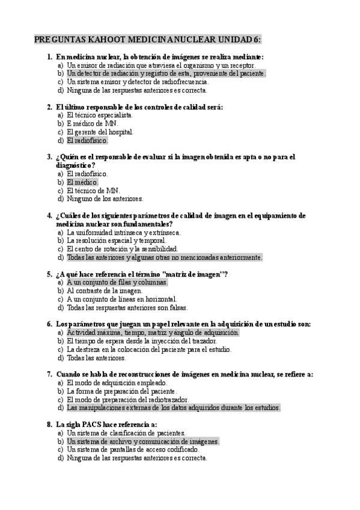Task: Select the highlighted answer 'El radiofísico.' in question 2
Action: pos(87,141)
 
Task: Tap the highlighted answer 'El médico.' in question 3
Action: pos(82,182)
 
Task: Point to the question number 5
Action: pos(49,274)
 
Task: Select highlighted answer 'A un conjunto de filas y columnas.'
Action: pos(117,282)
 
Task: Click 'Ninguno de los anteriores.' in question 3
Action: pos(105,198)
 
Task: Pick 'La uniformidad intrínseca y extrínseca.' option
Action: pos(124,232)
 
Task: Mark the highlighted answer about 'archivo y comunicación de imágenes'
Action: pos(143,441)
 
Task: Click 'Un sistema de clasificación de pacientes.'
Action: pos(126,432)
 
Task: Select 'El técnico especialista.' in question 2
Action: pos(100,115)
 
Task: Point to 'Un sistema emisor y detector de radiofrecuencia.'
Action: pos(138,82)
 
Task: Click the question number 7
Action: pos(49,374)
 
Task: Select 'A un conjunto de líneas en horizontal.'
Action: pos(122,299)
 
